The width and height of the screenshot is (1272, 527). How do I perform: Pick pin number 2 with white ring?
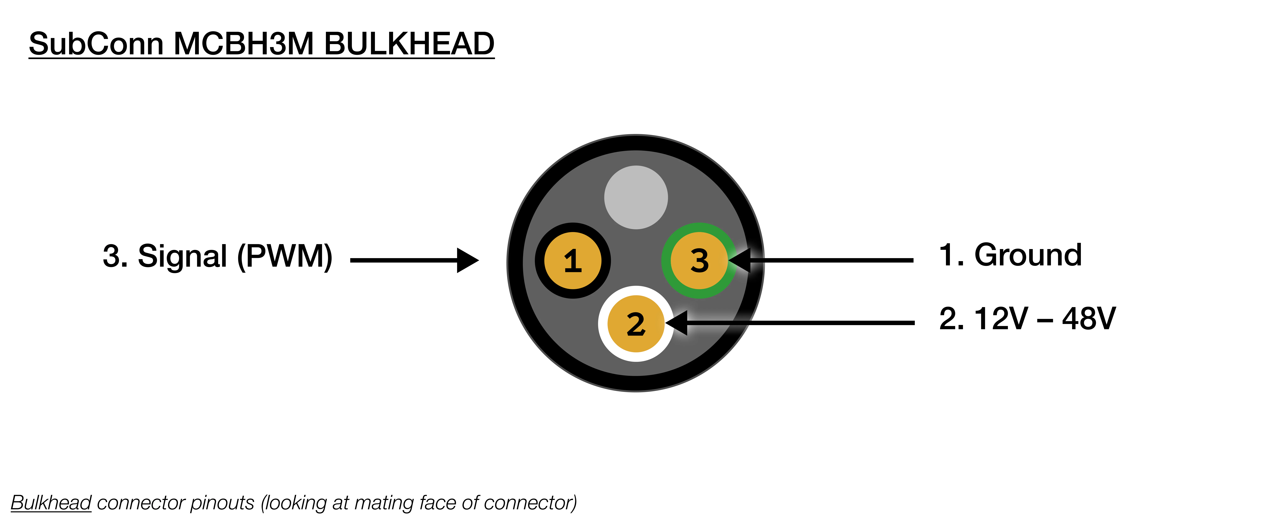tap(636, 324)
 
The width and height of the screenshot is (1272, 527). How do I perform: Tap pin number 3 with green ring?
tap(699, 260)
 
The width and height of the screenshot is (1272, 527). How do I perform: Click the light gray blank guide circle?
tap(636, 197)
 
